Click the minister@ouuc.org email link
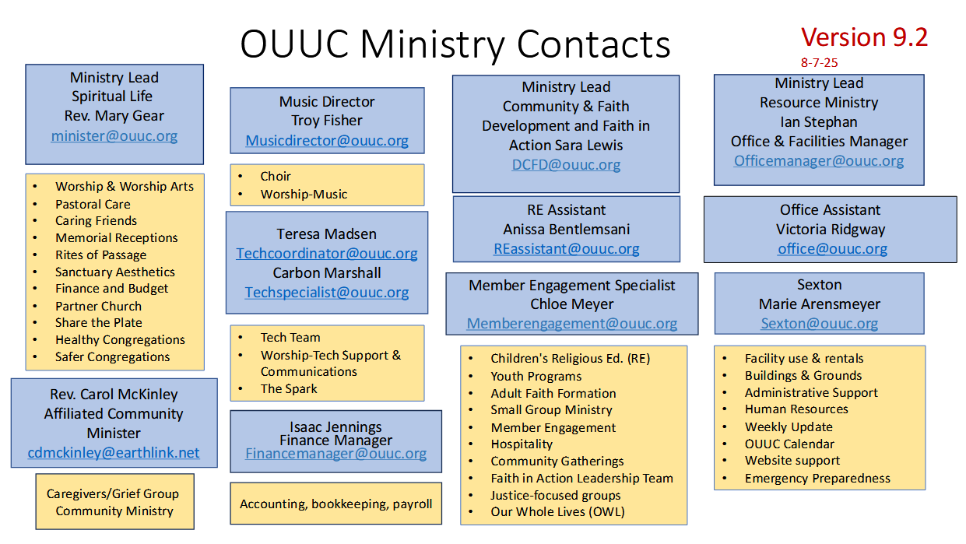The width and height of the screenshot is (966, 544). pos(114,136)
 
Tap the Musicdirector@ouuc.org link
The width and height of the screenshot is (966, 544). pos(327,141)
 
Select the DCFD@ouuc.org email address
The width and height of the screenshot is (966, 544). pos(566,165)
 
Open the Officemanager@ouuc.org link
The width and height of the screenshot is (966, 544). pos(819,161)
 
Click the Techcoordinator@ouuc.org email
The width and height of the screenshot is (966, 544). pos(327,254)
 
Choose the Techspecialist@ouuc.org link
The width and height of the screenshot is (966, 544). pos(327,293)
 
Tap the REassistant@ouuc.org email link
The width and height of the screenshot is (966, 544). pos(566,249)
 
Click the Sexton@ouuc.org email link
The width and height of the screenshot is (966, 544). pos(819,323)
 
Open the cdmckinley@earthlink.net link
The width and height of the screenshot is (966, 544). pos(114,453)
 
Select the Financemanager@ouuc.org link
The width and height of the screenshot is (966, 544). pos(336,454)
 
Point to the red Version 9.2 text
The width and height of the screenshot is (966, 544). pos(864,37)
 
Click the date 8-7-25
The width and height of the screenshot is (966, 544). pos(819,63)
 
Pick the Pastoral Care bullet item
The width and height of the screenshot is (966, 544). pos(93,205)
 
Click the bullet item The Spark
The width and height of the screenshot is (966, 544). pos(289,389)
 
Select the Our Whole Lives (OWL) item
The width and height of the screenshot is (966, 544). pos(557,511)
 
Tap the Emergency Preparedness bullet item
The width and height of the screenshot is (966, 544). pos(817,479)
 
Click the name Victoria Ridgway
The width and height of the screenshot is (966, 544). pos(831,230)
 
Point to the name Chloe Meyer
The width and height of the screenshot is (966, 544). pos(572,304)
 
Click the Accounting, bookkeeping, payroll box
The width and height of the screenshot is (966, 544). pos(336,504)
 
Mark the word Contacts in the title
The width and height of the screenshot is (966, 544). pos(593,44)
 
